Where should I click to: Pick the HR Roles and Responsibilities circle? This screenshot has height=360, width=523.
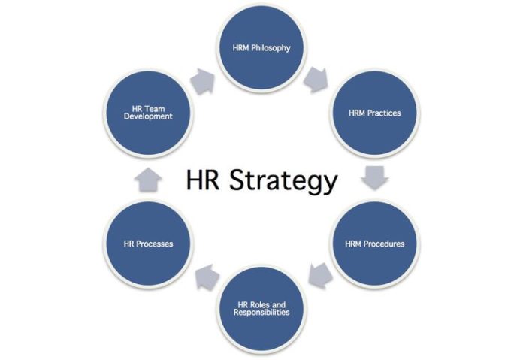(262, 307)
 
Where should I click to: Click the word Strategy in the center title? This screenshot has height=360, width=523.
(295, 182)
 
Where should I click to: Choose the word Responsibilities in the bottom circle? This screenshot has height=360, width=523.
(262, 312)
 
